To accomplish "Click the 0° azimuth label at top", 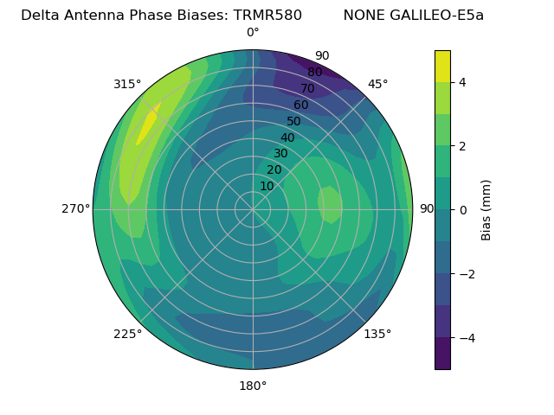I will (x=253, y=33).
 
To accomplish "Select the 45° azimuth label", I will (x=377, y=84).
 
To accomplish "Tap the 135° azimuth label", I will (x=377, y=334).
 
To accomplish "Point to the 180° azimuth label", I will (x=253, y=386).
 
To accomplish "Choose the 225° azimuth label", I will (x=127, y=334).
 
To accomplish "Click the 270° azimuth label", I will (x=75, y=208).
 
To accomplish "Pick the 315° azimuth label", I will (x=127, y=84).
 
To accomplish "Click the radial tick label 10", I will (x=267, y=186).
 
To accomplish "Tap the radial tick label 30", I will (x=280, y=154).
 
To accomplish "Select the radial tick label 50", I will (x=293, y=122).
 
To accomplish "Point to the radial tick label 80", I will (x=314, y=73).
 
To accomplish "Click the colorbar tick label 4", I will (x=463, y=82).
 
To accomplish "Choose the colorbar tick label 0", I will (x=463, y=210).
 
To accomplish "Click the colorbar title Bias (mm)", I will (x=486, y=209).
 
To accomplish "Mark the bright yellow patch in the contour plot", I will (x=148, y=124).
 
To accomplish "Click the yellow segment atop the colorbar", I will (x=442, y=67).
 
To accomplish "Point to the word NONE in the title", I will (x=361, y=15).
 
